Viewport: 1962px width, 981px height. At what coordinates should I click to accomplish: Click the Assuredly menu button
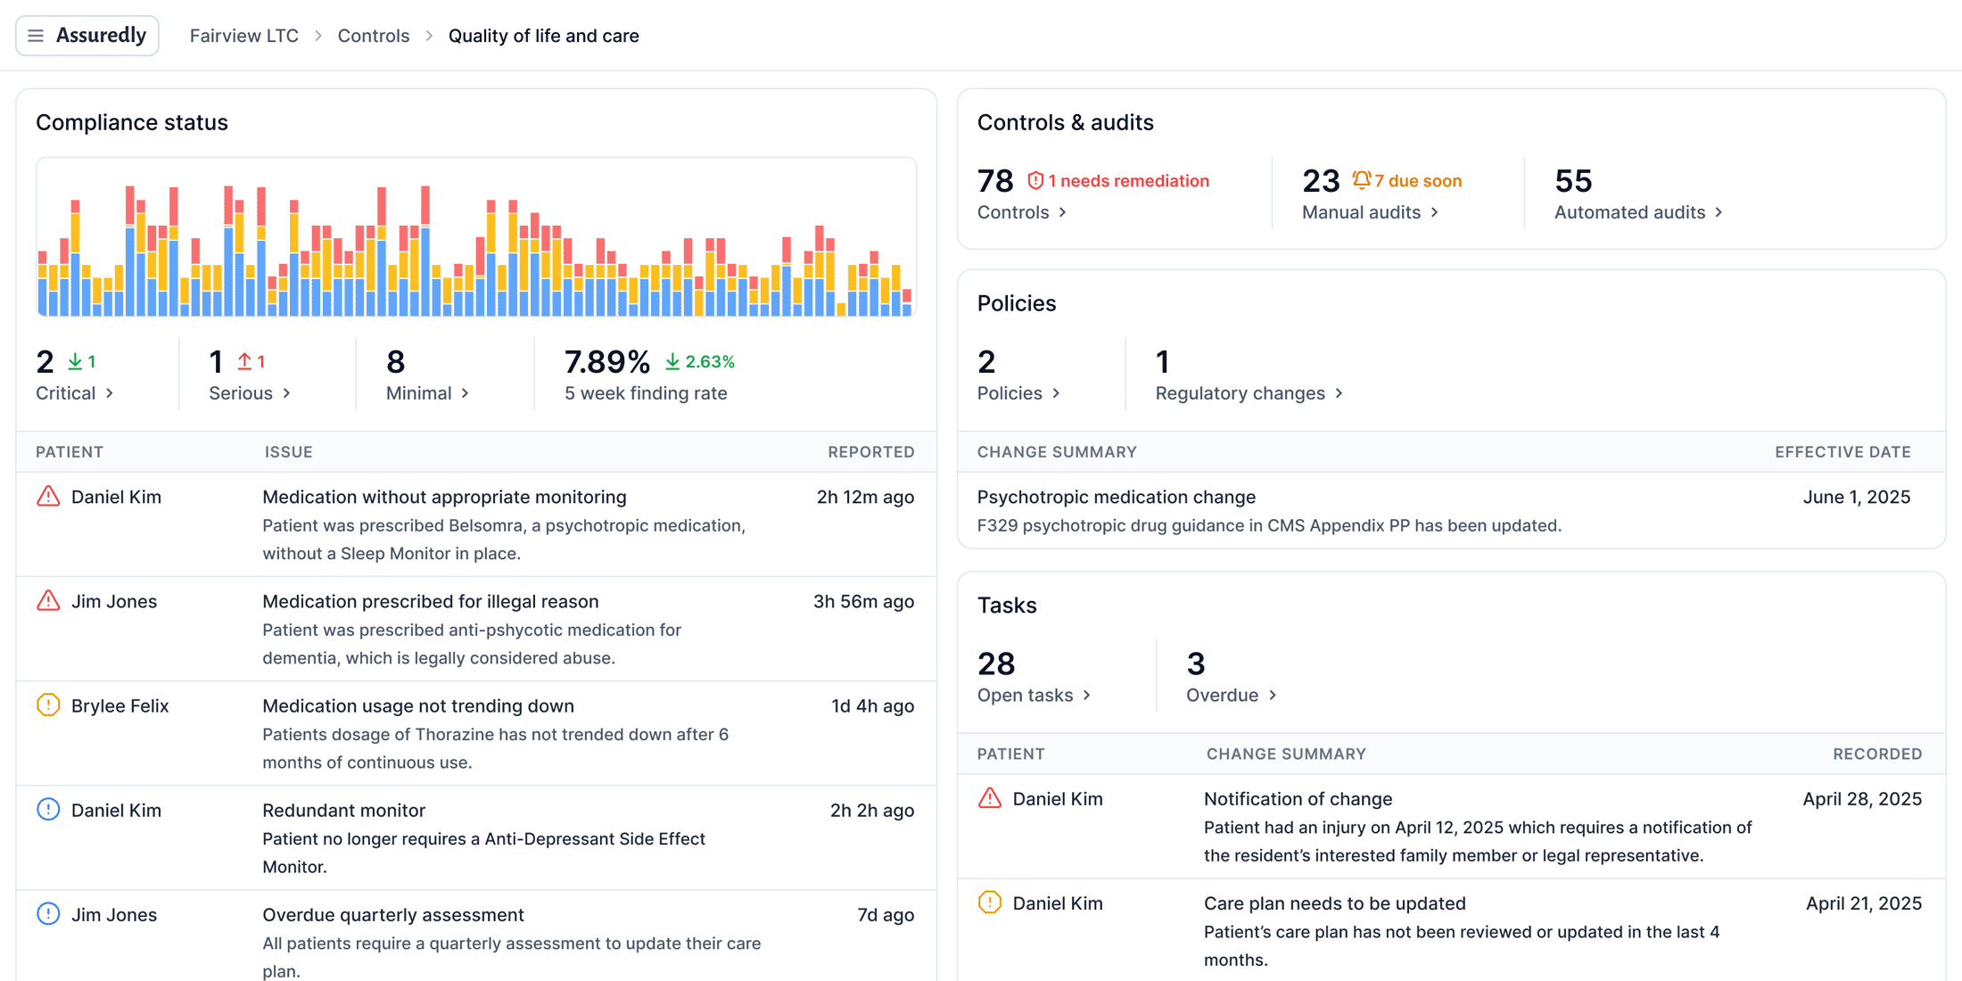coord(87,36)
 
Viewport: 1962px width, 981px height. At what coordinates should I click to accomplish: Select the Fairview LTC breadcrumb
coord(243,36)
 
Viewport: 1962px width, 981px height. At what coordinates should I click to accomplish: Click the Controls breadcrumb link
coord(373,36)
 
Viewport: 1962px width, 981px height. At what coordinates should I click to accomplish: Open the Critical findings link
coord(74,393)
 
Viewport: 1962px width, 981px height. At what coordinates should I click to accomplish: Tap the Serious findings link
coord(249,393)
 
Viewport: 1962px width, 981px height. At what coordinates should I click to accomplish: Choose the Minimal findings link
coord(427,393)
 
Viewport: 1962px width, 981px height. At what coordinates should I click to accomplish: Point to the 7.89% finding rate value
coord(606,361)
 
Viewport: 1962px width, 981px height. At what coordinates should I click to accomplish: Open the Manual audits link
coord(1369,212)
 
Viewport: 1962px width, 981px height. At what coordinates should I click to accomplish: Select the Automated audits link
coord(1637,212)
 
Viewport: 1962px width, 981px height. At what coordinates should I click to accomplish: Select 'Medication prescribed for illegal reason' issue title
coord(430,601)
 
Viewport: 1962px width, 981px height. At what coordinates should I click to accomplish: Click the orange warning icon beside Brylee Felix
coord(48,705)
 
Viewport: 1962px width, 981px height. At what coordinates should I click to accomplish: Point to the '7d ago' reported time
coord(885,915)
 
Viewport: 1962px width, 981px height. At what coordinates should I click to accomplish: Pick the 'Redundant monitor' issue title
coord(343,810)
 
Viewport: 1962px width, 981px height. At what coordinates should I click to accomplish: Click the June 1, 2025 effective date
coord(1856,497)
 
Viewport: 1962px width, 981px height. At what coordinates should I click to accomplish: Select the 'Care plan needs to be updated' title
coord(1334,903)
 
